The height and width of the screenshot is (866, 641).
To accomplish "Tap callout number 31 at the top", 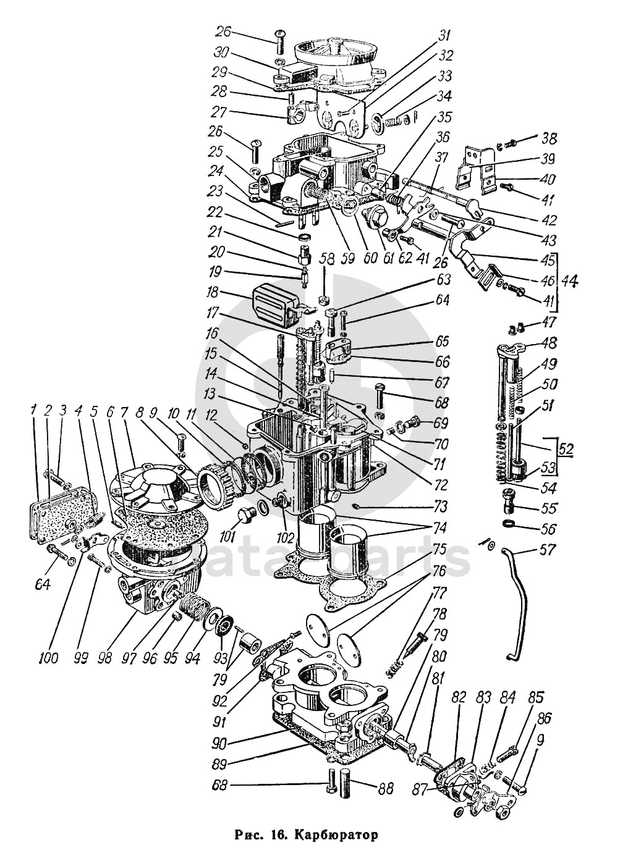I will (444, 36).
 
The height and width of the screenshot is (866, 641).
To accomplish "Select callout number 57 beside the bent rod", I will (546, 550).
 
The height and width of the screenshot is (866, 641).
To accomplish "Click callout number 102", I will (285, 536).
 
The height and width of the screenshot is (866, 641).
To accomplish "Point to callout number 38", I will (548, 137).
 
